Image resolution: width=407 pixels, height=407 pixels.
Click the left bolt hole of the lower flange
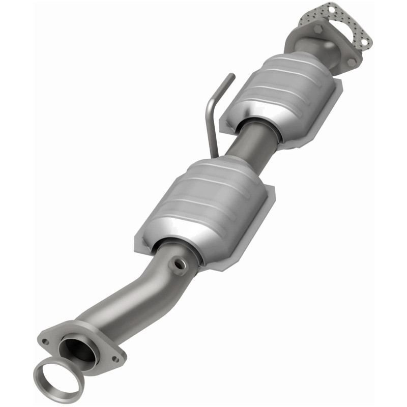(46, 341)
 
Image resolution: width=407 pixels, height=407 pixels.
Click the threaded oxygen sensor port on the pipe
(179, 264)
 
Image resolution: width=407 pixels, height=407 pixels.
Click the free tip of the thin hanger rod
(232, 76)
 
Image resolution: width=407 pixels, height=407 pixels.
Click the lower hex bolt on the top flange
(351, 61)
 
